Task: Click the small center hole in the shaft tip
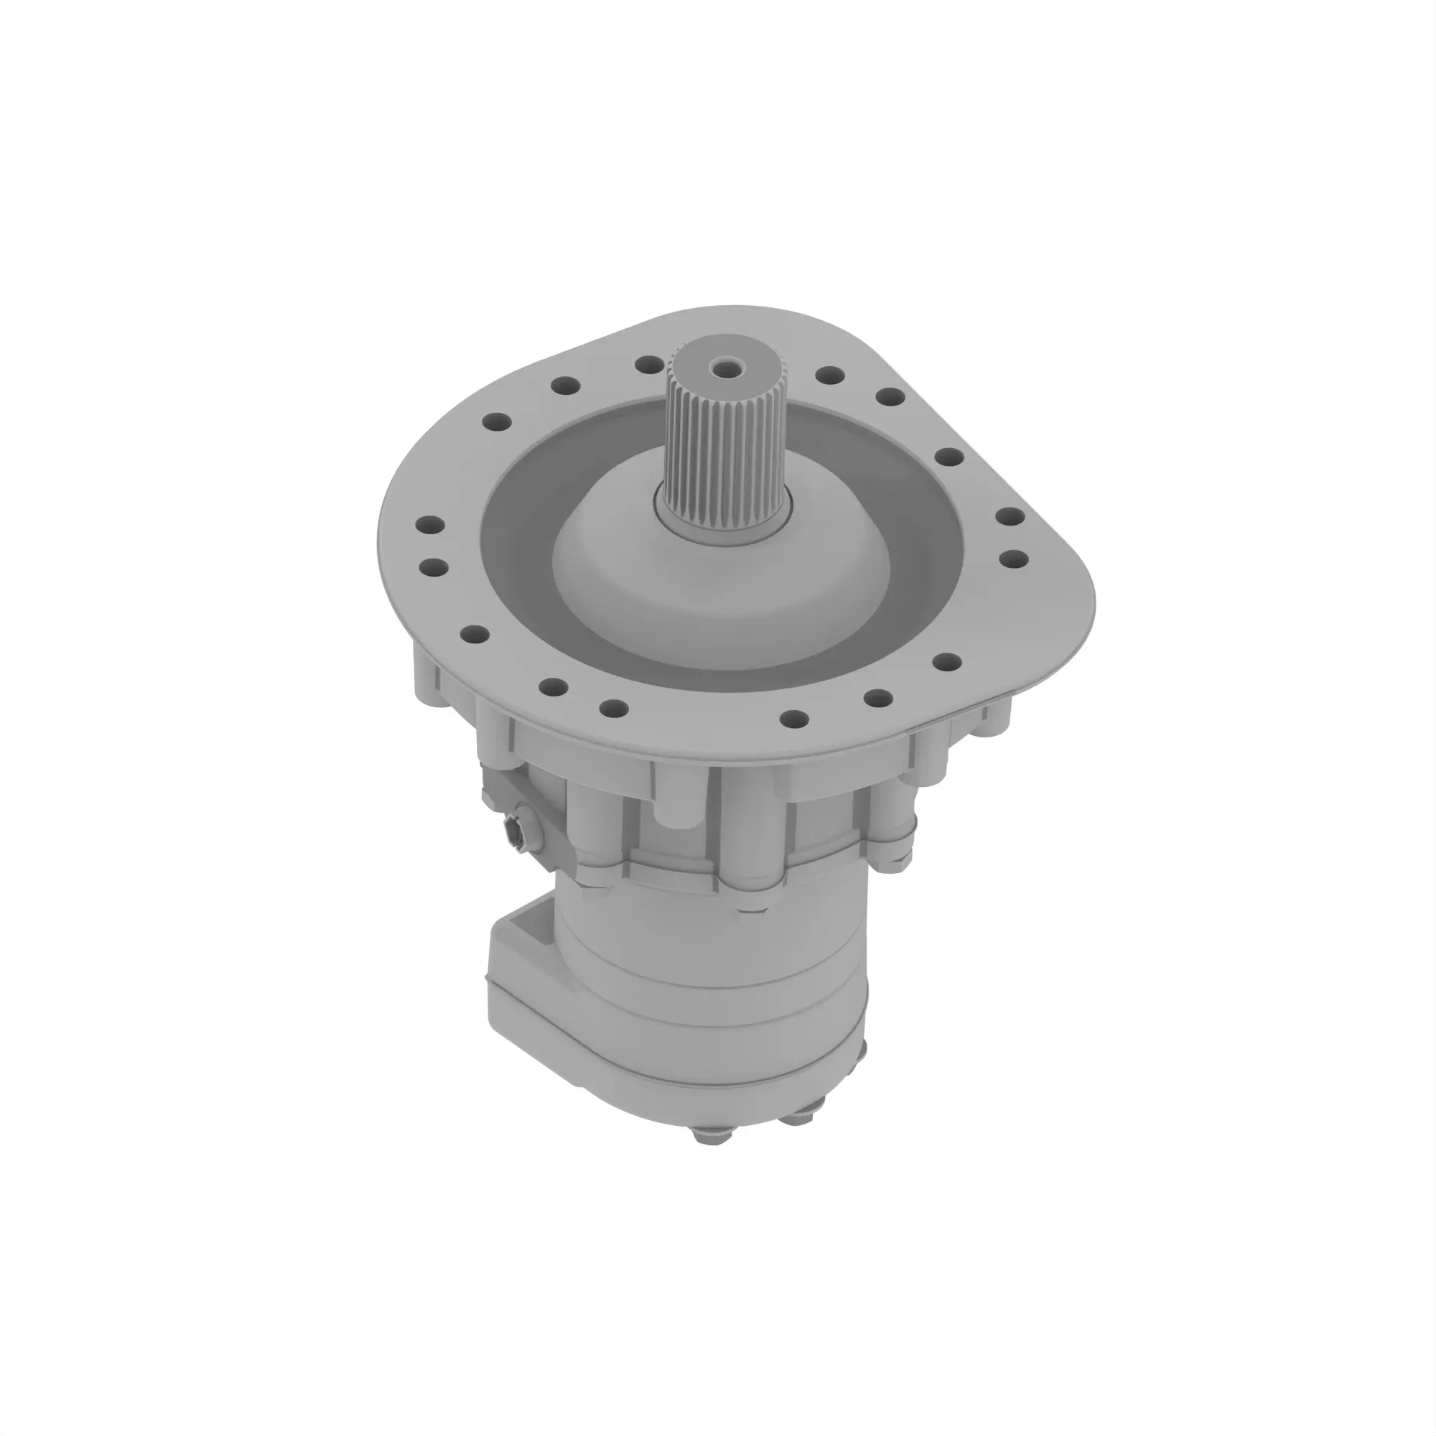pyautogui.click(x=719, y=365)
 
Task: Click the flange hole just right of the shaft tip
pyautogui.click(x=826, y=374)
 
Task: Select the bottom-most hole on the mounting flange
pyautogui.click(x=795, y=719)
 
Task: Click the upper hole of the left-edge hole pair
pyautogui.click(x=431, y=526)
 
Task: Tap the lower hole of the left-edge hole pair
pyautogui.click(x=432, y=568)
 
